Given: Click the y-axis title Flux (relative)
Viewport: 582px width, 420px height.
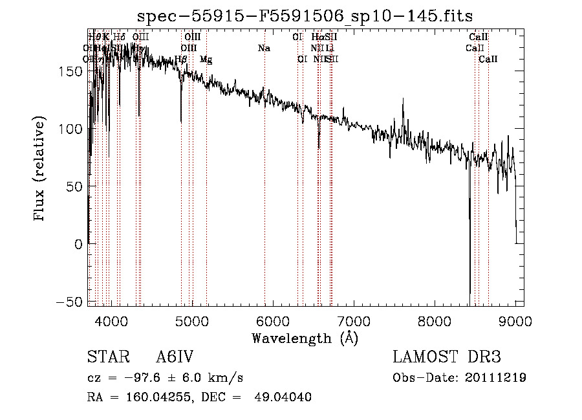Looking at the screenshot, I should tap(40, 170).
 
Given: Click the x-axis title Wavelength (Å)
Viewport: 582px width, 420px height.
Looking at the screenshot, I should tap(305, 338).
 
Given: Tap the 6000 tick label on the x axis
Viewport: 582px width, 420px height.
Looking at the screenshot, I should tap(273, 320).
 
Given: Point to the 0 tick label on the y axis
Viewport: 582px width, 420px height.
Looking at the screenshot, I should tap(78, 244).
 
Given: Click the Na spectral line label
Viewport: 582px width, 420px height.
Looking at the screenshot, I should tap(264, 49).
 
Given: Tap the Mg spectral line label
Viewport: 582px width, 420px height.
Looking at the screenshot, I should tap(206, 60).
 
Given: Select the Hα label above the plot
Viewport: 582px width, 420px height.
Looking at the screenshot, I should tap(317, 38).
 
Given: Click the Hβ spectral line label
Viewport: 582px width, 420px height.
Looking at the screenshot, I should tap(181, 60).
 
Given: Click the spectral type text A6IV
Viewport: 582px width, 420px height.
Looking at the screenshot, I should tap(175, 358).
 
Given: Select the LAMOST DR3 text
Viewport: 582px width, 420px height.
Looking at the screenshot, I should tap(447, 358).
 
